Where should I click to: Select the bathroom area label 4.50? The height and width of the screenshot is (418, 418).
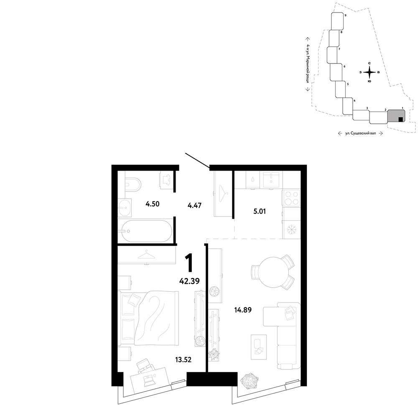coord(153,204)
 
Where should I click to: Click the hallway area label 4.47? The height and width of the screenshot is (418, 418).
coord(194,206)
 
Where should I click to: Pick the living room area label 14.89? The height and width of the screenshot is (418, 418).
coord(243,310)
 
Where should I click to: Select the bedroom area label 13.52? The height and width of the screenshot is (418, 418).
coord(183,359)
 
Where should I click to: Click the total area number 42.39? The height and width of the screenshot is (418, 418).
coord(189,281)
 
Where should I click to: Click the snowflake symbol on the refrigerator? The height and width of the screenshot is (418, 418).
coord(291,229)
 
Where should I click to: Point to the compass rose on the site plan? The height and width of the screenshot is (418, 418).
coord(370,72)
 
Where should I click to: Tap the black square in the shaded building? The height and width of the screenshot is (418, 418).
coord(400,120)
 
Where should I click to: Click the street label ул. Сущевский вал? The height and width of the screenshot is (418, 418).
coord(360,133)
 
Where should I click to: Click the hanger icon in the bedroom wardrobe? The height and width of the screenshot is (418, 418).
coord(147,255)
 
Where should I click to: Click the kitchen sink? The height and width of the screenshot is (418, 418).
coord(271,180)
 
